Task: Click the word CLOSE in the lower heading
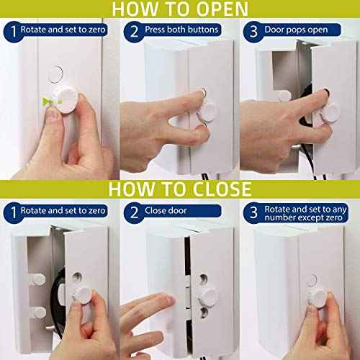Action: point(216,189)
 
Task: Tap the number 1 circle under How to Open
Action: point(12,31)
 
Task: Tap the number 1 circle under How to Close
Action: point(12,211)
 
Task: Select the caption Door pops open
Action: point(297,31)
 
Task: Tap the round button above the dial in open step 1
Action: point(56,74)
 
